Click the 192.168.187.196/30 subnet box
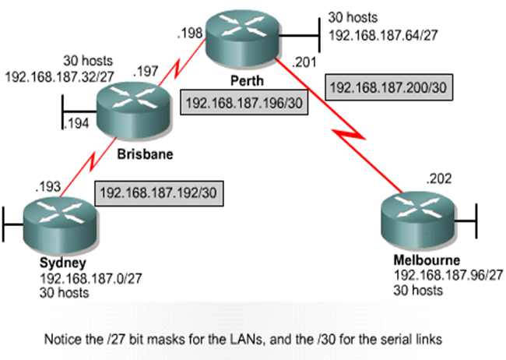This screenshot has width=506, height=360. (x=241, y=101)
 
